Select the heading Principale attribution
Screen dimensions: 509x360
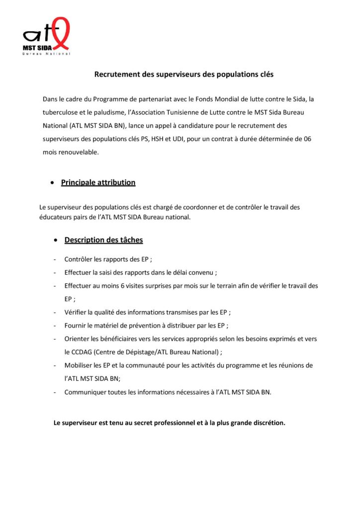pos(98,182)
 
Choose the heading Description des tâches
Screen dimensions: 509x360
pos(103,240)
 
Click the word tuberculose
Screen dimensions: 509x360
pos(61,112)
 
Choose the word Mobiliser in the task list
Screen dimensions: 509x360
pos(78,365)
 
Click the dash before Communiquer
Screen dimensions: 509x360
pos(54,392)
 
